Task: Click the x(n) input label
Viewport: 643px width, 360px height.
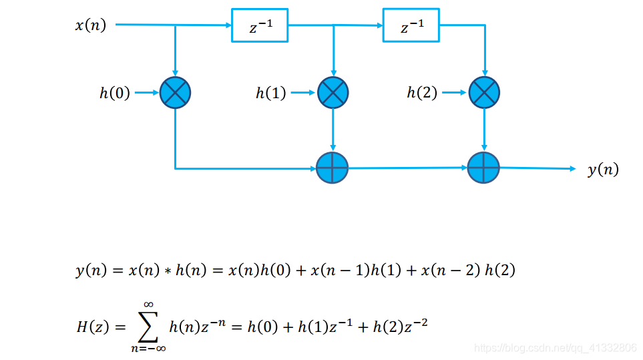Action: coord(91,26)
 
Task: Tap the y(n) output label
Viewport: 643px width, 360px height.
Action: coord(603,170)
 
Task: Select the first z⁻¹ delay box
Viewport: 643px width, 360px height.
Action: coord(260,26)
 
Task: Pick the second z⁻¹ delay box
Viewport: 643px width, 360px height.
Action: coord(411,26)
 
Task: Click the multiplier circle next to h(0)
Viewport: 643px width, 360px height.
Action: coord(176,93)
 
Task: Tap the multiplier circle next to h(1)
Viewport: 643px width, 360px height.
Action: coord(333,93)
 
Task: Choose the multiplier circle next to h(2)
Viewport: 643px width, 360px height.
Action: coord(485,93)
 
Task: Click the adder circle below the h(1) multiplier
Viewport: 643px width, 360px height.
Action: coord(333,168)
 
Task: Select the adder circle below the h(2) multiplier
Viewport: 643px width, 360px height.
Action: coord(485,168)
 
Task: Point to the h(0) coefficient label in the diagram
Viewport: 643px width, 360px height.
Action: coord(115,94)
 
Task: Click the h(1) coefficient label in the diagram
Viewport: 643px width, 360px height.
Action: coord(271,94)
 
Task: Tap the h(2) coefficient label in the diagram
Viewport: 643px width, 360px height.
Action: coord(422,94)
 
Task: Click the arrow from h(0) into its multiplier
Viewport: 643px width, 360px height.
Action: coord(147,94)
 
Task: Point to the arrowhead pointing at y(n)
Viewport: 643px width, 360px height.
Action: coord(572,169)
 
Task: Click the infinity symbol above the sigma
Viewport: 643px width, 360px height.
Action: coord(149,305)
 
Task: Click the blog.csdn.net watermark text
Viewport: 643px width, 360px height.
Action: coord(555,348)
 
